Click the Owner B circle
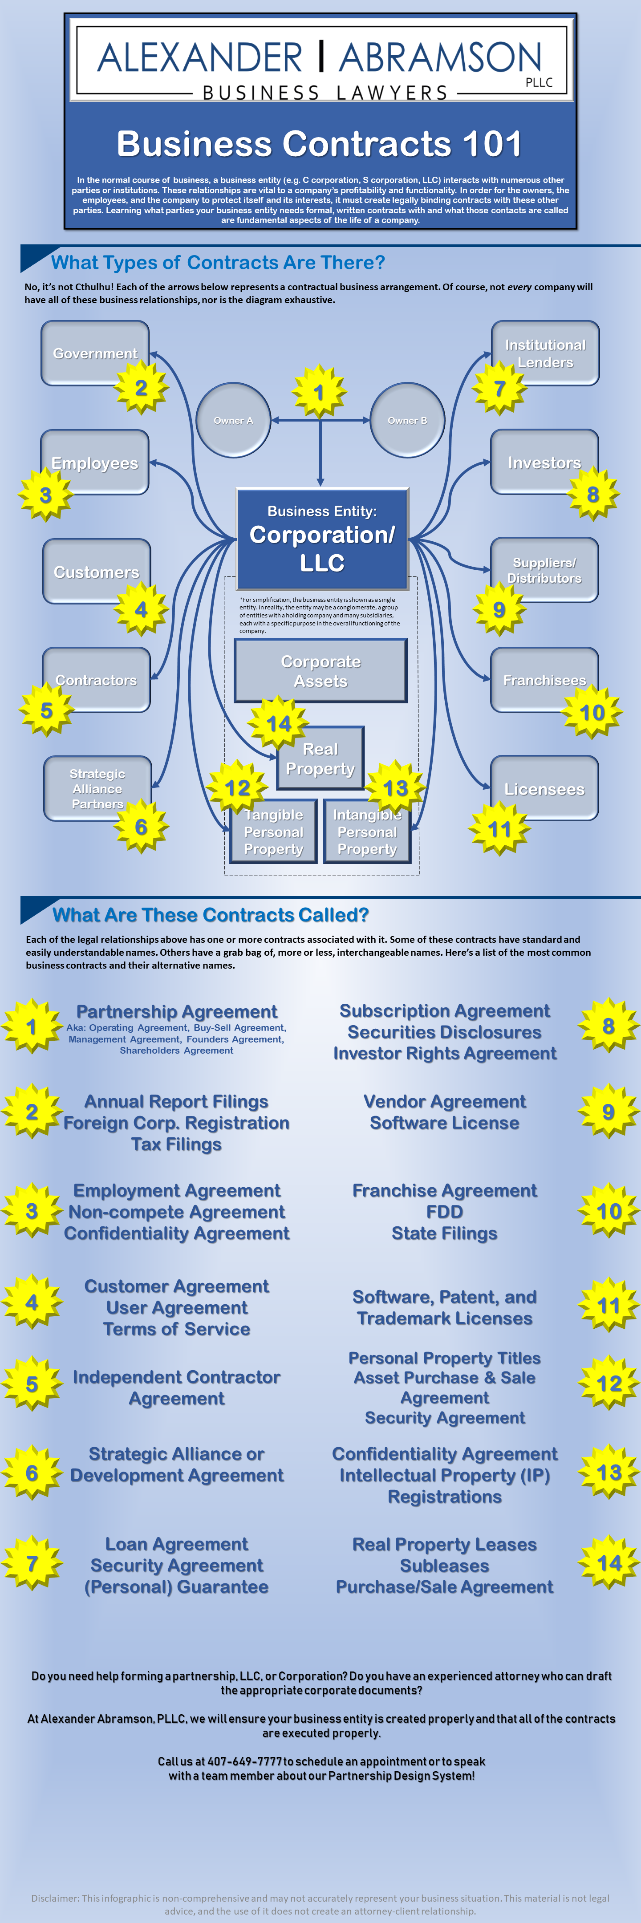click(x=407, y=420)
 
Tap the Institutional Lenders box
click(x=545, y=353)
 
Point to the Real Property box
click(x=321, y=758)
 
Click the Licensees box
click(x=545, y=788)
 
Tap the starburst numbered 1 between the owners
click(x=319, y=392)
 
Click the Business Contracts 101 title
click(x=319, y=144)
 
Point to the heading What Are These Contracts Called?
click(x=211, y=914)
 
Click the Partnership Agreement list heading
click(x=177, y=1011)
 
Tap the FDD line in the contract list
click(x=445, y=1212)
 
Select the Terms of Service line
click(x=177, y=1329)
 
